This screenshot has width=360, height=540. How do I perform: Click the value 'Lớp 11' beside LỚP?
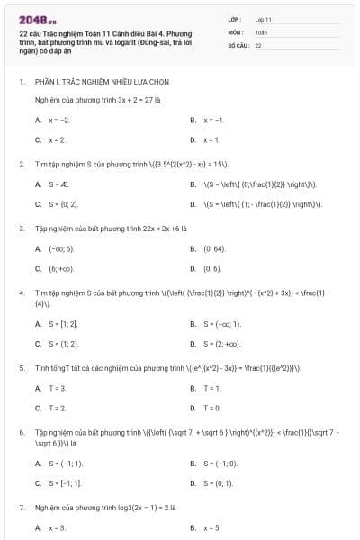pyautogui.click(x=264, y=19)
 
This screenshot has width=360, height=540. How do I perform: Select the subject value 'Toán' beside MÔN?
pyautogui.click(x=261, y=31)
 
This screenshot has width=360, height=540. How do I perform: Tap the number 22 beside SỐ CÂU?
pyautogui.click(x=258, y=44)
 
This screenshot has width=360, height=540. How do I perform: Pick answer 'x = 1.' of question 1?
pyautogui.click(x=211, y=140)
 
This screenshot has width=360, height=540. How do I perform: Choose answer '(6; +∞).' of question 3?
pyautogui.click(x=61, y=268)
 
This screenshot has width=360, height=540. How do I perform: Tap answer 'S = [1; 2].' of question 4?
pyautogui.click(x=63, y=323)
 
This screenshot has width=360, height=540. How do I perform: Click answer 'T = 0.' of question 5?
pyautogui.click(x=211, y=408)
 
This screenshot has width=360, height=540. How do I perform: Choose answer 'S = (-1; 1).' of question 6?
pyautogui.click(x=66, y=463)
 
